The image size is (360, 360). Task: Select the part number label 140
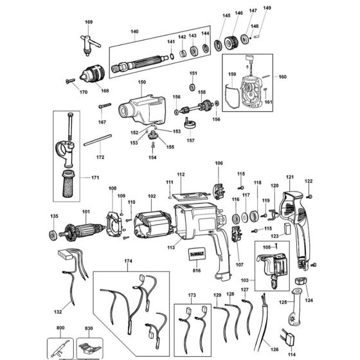tap(134, 31)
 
